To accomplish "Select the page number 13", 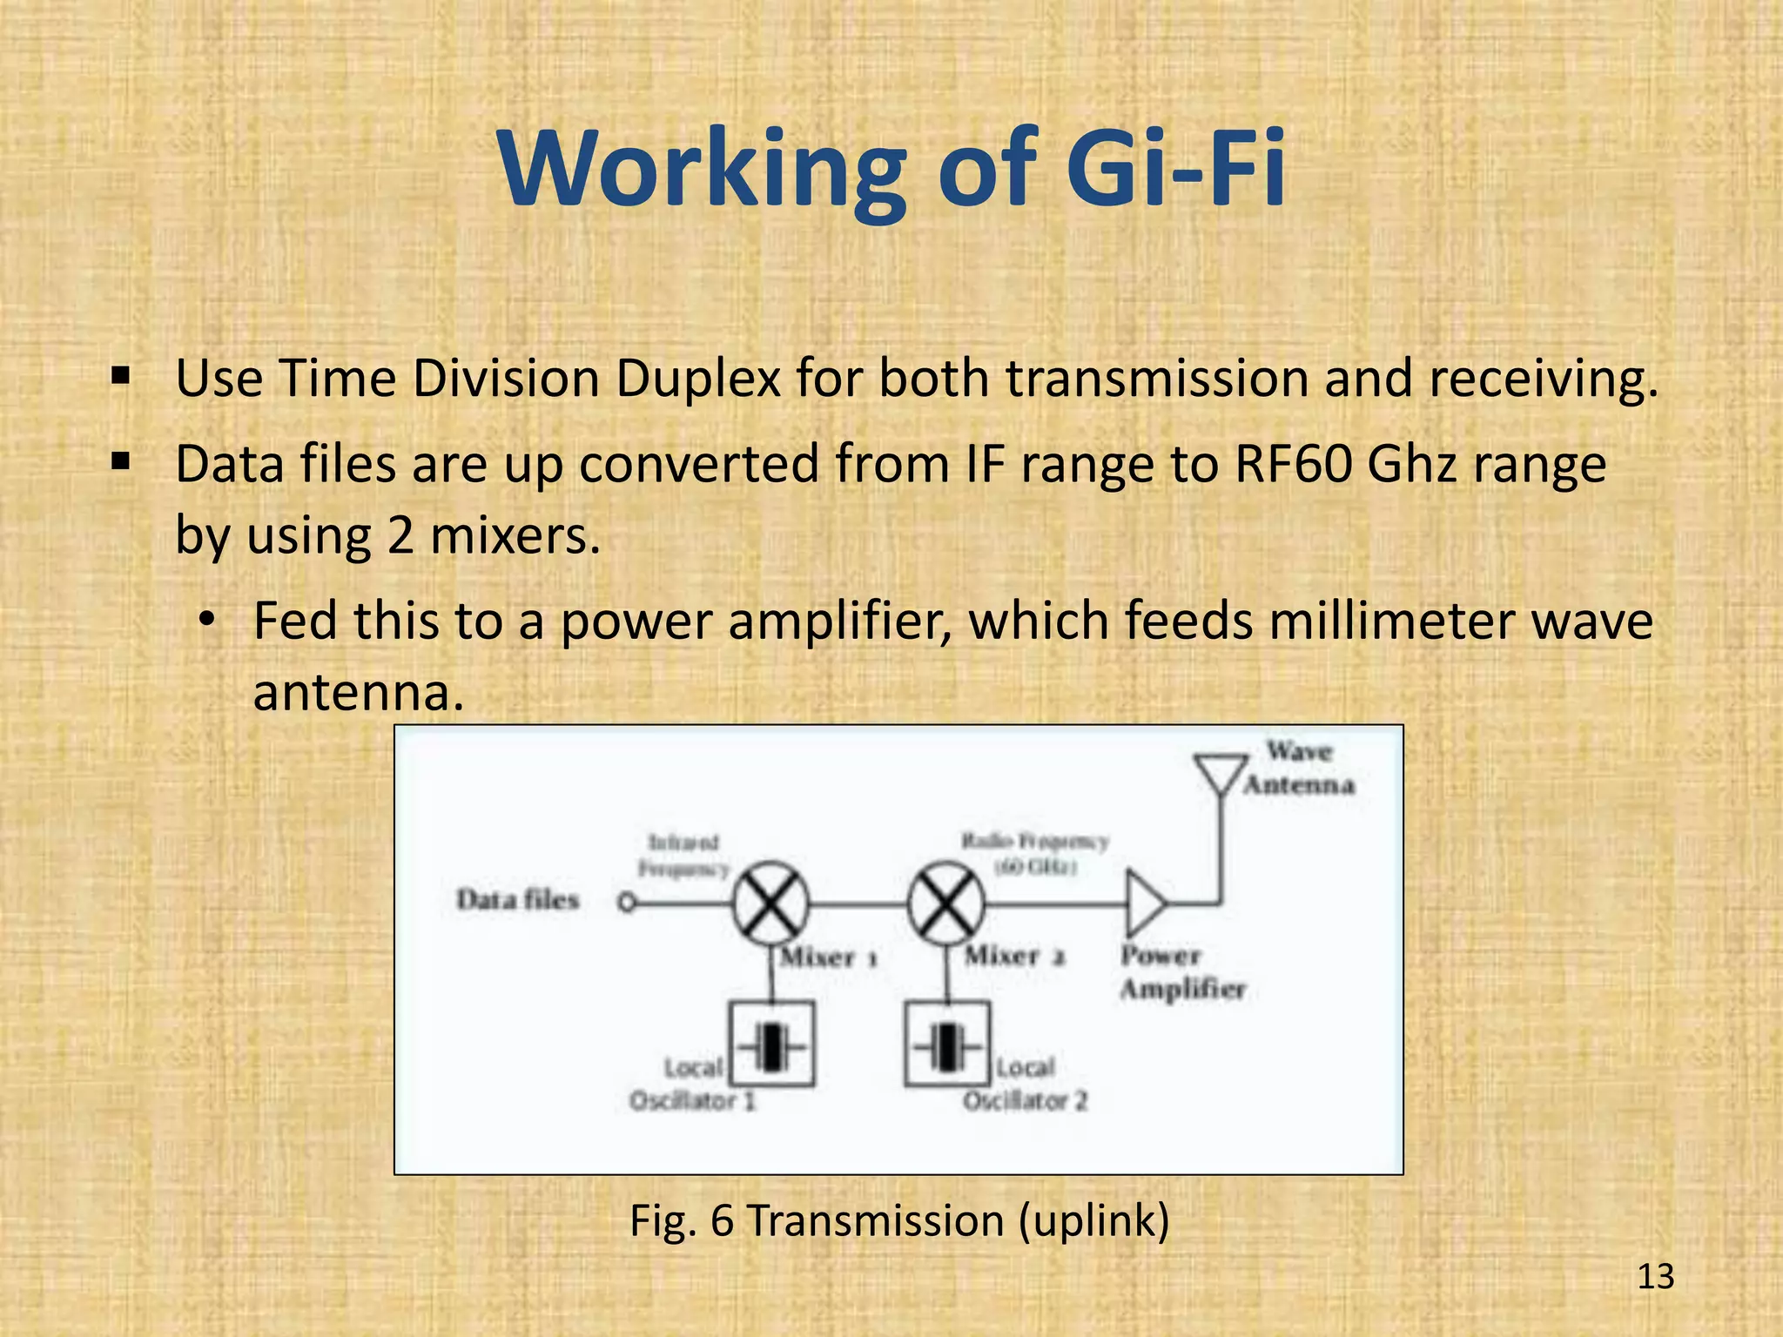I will pyautogui.click(x=1655, y=1277).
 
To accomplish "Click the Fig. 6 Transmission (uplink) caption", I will pyautogui.click(x=899, y=1220).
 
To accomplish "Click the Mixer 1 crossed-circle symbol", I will pyautogui.click(x=770, y=904).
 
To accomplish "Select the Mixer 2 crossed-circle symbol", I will pyautogui.click(x=946, y=904).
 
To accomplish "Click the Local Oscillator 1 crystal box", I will pyautogui.click(x=771, y=1044).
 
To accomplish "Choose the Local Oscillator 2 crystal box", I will pyautogui.click(x=947, y=1044).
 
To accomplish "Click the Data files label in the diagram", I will pyautogui.click(x=518, y=899).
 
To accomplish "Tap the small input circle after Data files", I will pyautogui.click(x=626, y=904).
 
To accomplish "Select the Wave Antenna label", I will pyautogui.click(x=1299, y=768).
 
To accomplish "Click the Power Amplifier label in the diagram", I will pyautogui.click(x=1182, y=972).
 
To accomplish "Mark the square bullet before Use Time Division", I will pyautogui.click(x=121, y=378).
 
